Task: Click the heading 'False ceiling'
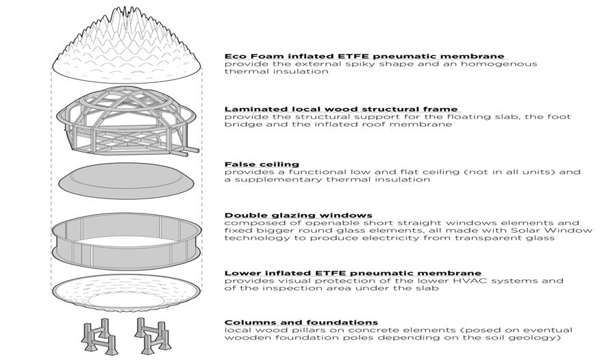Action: click(x=262, y=164)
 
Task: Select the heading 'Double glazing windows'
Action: click(x=299, y=215)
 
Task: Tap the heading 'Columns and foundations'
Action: click(x=301, y=322)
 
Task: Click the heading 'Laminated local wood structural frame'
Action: click(x=341, y=110)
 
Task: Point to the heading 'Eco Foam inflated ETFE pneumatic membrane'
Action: click(x=364, y=56)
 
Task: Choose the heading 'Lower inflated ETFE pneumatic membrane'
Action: click(x=353, y=273)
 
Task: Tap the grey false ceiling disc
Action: click(x=126, y=181)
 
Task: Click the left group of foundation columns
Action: click(x=99, y=335)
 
